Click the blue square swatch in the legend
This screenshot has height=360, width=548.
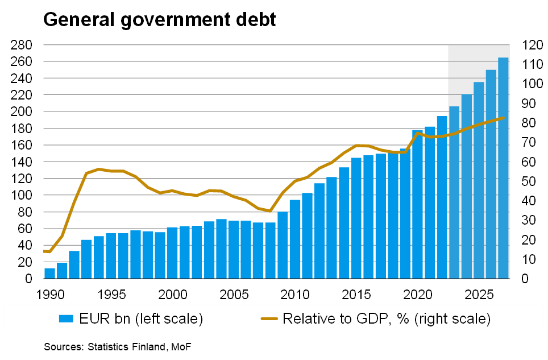point(67,319)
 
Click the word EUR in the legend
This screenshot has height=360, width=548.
point(92,319)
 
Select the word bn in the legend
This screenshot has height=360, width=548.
point(121,319)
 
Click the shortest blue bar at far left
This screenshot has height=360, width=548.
point(49,274)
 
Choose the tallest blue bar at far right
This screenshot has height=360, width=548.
point(503,168)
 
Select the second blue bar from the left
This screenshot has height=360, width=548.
point(62,271)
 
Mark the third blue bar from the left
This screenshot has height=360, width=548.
point(74,264)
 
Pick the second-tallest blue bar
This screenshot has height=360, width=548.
point(491,174)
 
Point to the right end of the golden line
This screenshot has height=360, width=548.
point(503,118)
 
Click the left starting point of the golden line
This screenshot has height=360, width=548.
point(44,251)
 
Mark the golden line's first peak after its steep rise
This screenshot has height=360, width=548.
point(98,169)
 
